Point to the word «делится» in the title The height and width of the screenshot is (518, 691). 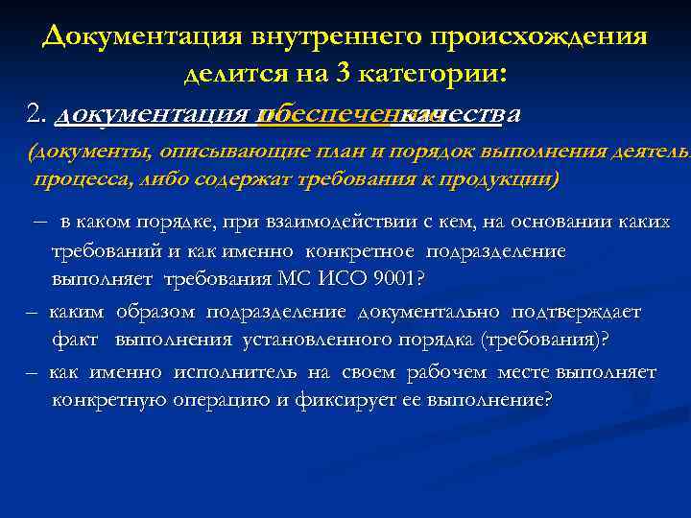click(230, 74)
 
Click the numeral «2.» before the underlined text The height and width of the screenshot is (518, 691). click(38, 115)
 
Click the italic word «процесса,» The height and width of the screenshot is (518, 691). click(78, 178)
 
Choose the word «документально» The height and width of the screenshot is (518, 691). click(433, 312)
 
